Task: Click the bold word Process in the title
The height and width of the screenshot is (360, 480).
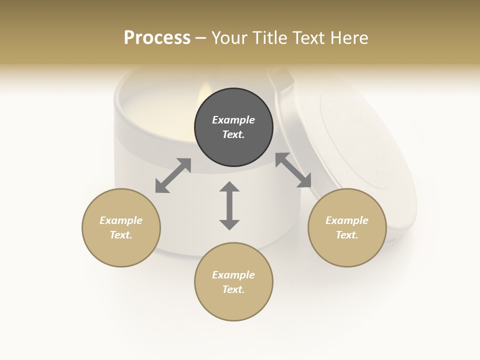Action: [x=157, y=38]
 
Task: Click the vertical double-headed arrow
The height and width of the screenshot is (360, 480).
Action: [x=229, y=205]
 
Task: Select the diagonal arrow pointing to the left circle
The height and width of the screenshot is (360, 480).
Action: [x=173, y=175]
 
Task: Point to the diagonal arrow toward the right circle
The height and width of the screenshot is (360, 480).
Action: [x=293, y=170]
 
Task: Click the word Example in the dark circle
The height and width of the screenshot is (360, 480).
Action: [x=233, y=120]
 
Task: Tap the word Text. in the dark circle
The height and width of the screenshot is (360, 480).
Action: [x=233, y=134]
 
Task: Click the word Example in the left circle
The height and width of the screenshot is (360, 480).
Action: [x=121, y=220]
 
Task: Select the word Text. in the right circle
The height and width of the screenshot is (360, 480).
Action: [x=347, y=235]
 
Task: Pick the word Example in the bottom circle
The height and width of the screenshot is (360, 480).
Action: [x=233, y=275]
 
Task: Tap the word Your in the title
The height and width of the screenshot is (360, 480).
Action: [x=228, y=38]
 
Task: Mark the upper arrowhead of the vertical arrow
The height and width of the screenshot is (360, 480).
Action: [x=229, y=187]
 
